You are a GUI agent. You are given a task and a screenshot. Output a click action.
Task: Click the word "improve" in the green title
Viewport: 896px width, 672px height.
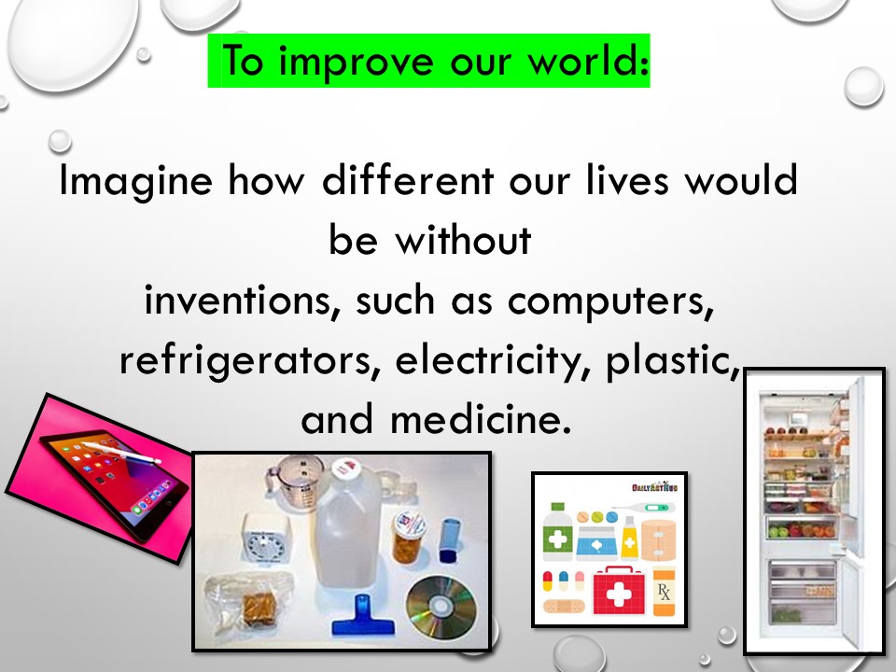[356, 62]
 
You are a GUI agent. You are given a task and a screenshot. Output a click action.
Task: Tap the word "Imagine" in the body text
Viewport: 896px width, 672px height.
[136, 181]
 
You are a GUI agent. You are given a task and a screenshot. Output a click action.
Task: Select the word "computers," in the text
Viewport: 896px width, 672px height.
[610, 301]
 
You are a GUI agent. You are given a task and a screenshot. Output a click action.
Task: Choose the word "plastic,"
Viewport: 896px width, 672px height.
[673, 361]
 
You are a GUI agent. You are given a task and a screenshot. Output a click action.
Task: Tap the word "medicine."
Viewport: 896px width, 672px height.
[481, 419]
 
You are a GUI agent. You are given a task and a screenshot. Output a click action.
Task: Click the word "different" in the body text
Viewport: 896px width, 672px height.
[408, 180]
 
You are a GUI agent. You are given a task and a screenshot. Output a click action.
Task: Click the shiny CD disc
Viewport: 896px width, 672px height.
[440, 606]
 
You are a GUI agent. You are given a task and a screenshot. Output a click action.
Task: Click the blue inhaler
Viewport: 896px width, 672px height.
[449, 540]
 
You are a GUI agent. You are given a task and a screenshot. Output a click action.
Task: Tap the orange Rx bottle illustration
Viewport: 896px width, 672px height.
[664, 592]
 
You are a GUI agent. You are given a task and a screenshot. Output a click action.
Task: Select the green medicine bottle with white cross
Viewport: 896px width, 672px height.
[557, 531]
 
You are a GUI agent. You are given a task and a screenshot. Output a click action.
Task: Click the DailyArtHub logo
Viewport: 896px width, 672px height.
[654, 487]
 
